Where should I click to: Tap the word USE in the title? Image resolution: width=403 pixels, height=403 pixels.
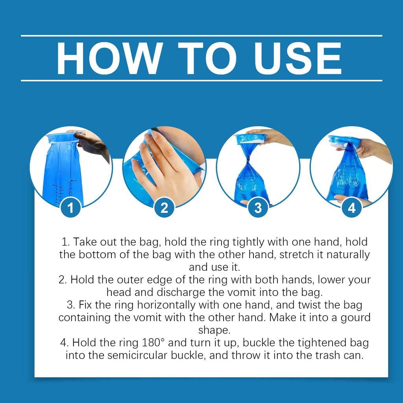click(x=298, y=58)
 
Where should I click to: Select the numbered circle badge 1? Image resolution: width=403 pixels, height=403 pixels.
click(x=71, y=207)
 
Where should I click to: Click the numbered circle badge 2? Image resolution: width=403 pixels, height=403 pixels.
click(x=165, y=207)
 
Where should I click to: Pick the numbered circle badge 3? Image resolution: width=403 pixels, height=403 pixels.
click(x=258, y=207)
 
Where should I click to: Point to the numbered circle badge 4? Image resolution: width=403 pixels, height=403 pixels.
click(x=352, y=207)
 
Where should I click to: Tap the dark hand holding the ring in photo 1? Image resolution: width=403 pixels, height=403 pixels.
click(x=92, y=144)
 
